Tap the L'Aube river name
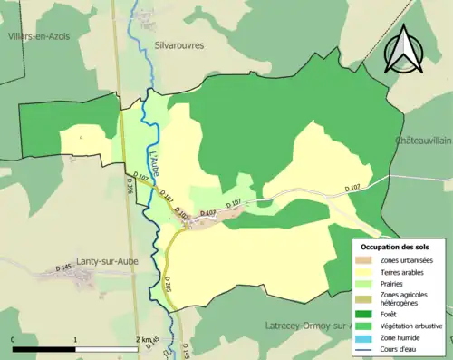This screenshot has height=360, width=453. tap(151, 161)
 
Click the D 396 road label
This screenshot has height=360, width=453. tap(129, 186)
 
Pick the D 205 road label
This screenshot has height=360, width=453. tap(168, 284)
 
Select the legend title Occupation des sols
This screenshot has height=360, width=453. tap(395, 247)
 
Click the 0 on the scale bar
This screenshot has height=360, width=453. tap(14, 339)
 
